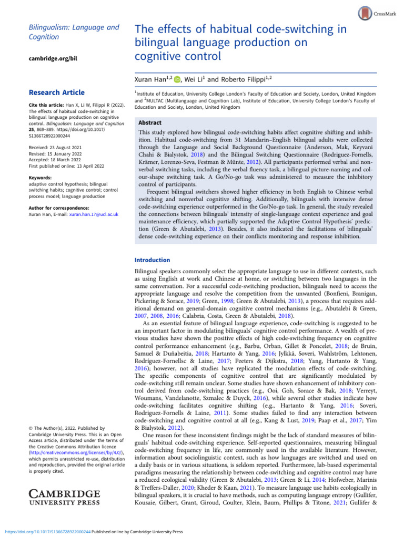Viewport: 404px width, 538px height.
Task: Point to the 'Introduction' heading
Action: [153, 260]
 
